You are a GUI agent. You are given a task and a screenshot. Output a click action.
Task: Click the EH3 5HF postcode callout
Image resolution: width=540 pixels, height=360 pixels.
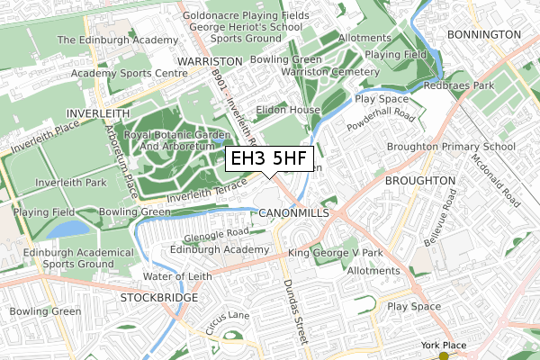(x=269, y=159)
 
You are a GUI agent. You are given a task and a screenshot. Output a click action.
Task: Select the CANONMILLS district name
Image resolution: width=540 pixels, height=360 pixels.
(x=292, y=212)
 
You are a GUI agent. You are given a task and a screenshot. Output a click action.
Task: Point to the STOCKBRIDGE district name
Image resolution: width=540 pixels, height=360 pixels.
(x=159, y=295)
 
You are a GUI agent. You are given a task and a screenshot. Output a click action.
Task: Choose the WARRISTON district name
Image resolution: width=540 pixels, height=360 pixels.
(x=211, y=60)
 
